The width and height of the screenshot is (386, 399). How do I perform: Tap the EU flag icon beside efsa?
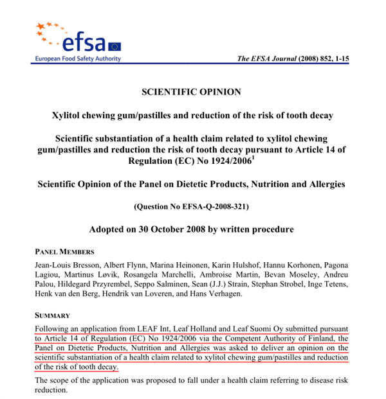tap(115, 46)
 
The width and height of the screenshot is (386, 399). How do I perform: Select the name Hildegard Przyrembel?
tap(96, 284)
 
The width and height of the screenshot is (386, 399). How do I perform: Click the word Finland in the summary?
tap(321, 339)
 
